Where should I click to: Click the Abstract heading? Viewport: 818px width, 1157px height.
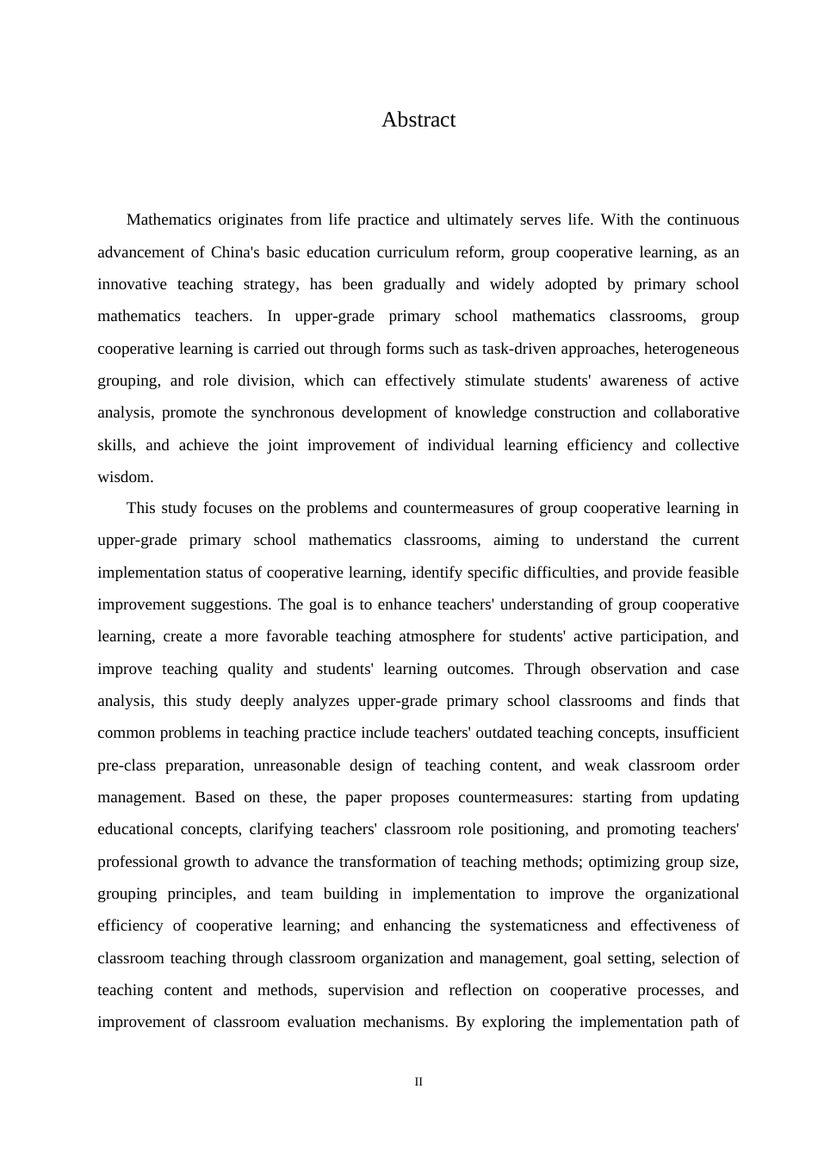point(418,120)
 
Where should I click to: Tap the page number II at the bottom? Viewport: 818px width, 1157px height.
point(418,1082)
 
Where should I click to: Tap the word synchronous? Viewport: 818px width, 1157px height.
point(293,412)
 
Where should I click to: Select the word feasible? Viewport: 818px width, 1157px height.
point(711,572)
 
